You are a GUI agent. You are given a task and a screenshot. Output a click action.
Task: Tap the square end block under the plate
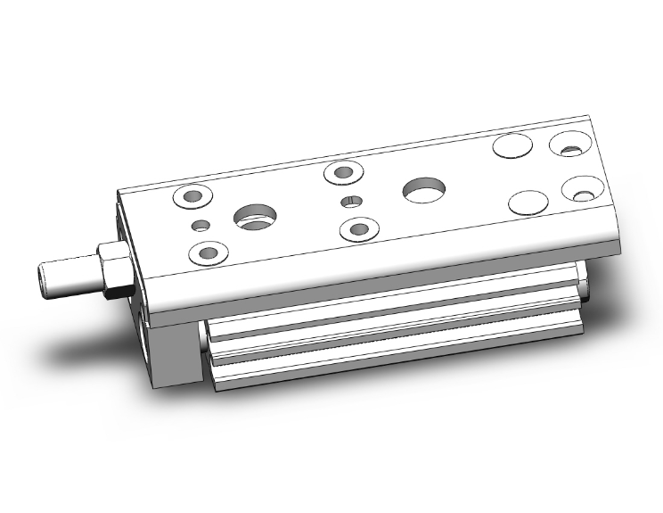[169, 352]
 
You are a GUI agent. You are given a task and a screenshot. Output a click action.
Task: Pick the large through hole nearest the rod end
[256, 214]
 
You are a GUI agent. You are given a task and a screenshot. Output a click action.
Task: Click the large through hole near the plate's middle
[423, 188]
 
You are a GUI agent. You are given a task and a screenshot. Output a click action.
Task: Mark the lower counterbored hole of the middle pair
[359, 229]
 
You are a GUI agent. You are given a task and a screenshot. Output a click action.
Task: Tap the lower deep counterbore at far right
[582, 191]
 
